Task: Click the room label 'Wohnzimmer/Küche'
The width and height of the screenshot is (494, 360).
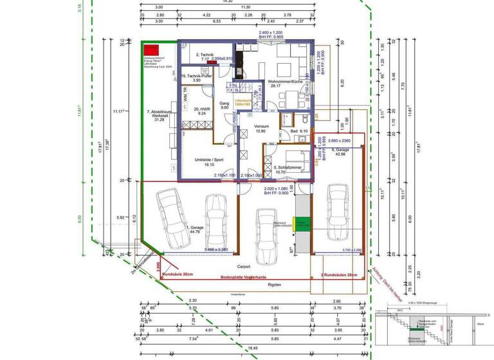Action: (x=285, y=82)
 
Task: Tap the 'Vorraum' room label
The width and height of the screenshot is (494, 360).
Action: (x=261, y=126)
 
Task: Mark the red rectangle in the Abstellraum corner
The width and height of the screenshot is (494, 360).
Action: (x=151, y=50)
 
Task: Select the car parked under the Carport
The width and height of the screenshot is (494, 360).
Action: (x=265, y=235)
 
